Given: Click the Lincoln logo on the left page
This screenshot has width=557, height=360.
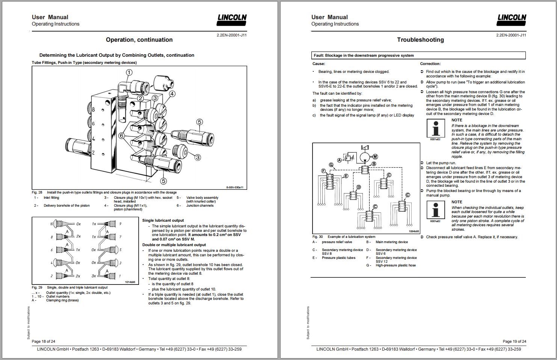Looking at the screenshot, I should point(232,20).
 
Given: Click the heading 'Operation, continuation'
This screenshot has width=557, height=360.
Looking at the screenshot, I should point(139,40).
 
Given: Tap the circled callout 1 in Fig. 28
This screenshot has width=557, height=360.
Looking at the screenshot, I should point(129,73).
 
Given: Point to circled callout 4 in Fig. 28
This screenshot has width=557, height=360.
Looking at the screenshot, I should point(172,94).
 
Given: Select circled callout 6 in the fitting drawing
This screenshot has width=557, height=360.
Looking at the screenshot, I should point(121,135).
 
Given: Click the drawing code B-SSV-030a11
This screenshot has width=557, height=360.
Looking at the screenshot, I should point(234,187).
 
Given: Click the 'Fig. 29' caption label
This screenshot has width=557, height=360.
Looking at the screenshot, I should point(37,287).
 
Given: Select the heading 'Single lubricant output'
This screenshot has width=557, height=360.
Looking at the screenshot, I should point(163,220).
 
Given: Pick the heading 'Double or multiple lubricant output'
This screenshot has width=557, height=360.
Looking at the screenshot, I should point(174,245).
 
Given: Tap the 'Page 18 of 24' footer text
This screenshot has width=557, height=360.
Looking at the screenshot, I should point(44,341).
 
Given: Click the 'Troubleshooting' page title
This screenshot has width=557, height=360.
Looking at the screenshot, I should point(420,40).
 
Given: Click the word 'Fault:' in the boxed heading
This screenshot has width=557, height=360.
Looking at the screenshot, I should point(319,56).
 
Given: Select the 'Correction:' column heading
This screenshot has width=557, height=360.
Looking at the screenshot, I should point(430,64).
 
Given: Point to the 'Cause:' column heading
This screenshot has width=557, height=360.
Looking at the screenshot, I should point(319,64).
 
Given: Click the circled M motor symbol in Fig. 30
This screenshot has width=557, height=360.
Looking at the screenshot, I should point(374,156).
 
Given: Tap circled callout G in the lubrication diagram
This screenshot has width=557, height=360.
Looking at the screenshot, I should point(331,165).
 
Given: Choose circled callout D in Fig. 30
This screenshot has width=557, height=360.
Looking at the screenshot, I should point(359,187).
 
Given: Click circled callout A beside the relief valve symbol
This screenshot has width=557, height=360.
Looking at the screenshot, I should point(340,160).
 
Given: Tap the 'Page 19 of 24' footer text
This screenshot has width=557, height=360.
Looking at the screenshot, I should point(514,341).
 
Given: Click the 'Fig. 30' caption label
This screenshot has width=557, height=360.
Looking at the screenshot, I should point(317,237).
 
